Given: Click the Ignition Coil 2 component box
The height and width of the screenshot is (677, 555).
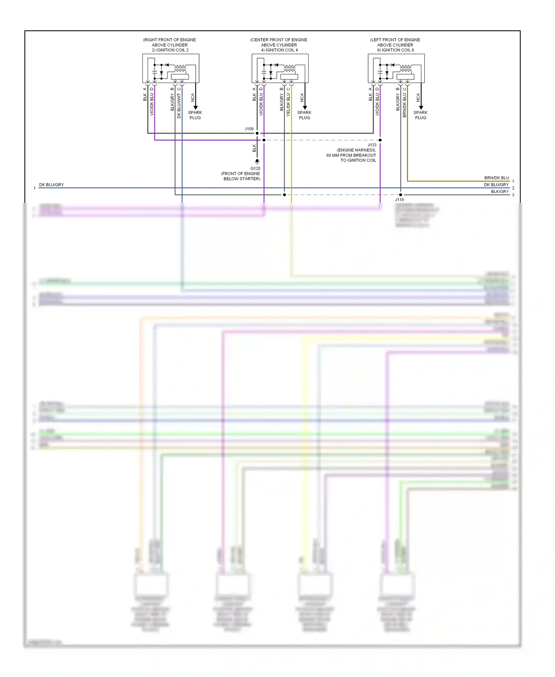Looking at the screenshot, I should [x=171, y=69].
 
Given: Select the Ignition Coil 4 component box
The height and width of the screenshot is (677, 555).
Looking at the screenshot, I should [x=280, y=69].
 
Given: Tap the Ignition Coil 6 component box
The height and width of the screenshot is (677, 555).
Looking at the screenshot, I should [x=396, y=69].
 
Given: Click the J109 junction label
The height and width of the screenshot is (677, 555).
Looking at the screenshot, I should [x=249, y=129].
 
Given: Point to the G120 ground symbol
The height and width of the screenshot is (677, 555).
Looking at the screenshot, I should [x=257, y=161].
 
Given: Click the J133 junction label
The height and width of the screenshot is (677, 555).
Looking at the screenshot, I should [x=372, y=145].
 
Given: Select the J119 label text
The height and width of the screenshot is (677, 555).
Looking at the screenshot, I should [x=399, y=200].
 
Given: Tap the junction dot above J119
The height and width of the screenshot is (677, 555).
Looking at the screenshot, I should [x=401, y=194].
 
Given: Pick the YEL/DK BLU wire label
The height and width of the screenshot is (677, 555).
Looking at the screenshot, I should [x=289, y=105].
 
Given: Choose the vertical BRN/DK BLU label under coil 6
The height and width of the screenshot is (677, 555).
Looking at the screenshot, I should [x=405, y=105].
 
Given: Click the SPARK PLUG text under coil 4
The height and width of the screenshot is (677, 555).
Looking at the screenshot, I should [x=304, y=115].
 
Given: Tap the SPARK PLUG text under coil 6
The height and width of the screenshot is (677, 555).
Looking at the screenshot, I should [x=420, y=115].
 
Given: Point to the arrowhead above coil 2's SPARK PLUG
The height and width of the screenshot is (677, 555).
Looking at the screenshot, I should [x=195, y=107].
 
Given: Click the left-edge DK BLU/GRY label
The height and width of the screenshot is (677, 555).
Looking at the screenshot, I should [x=51, y=184].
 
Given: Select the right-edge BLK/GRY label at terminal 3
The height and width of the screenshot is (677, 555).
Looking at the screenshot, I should [x=499, y=191].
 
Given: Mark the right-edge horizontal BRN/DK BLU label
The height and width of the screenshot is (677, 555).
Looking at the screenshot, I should [x=497, y=178].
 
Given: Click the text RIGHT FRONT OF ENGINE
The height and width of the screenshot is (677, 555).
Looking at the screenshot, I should [x=170, y=40].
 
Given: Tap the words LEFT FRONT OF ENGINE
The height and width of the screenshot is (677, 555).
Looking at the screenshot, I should [x=395, y=40].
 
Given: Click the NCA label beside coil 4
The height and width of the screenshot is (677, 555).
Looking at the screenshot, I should [x=302, y=97].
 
